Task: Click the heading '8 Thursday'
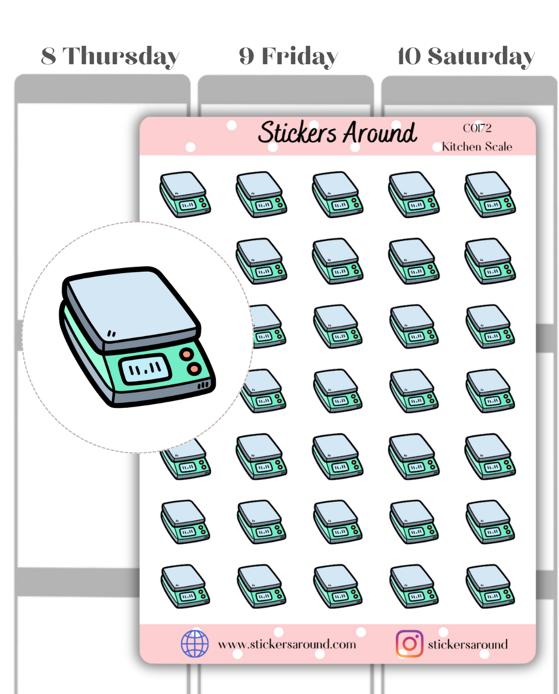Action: tap(110, 56)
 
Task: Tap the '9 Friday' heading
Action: tap(288, 56)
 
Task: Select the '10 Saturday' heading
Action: tap(466, 56)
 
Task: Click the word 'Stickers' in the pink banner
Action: tap(297, 133)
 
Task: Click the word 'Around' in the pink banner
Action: tap(380, 133)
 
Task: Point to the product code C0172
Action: tap(477, 128)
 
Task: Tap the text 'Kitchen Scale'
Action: tap(477, 147)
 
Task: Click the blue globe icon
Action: tap(195, 644)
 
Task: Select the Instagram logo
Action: tap(409, 644)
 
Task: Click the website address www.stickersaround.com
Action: tap(287, 644)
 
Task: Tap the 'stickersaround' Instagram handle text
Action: tap(468, 644)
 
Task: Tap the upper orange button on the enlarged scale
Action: tap(187, 354)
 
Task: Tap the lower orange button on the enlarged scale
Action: tap(194, 369)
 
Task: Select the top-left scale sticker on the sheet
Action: tap(185, 194)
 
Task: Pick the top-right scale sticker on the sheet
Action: tap(490, 194)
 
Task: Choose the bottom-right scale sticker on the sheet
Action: tap(490, 586)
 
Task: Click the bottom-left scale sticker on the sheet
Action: tap(185, 586)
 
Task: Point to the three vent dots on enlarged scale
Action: tap(204, 385)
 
